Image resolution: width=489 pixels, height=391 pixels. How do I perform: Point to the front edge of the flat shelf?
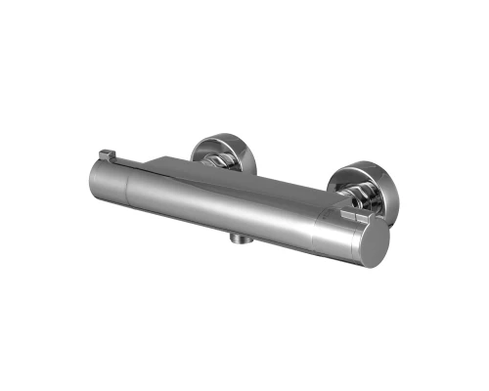(244, 182)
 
